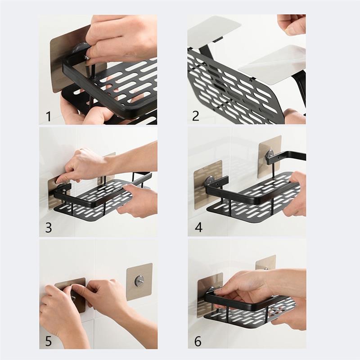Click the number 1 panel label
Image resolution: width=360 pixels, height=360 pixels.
(48, 117)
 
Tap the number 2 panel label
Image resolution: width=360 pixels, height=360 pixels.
(196, 116)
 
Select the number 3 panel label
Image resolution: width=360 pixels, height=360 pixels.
(48, 228)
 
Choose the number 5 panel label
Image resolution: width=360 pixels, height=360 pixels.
(48, 340)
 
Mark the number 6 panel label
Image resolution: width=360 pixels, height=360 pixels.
(198, 341)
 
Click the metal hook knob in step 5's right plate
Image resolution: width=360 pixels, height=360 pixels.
(139, 280)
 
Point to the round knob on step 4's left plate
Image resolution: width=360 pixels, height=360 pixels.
(210, 182)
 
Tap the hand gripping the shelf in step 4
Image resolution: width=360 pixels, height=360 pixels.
(295, 193)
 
